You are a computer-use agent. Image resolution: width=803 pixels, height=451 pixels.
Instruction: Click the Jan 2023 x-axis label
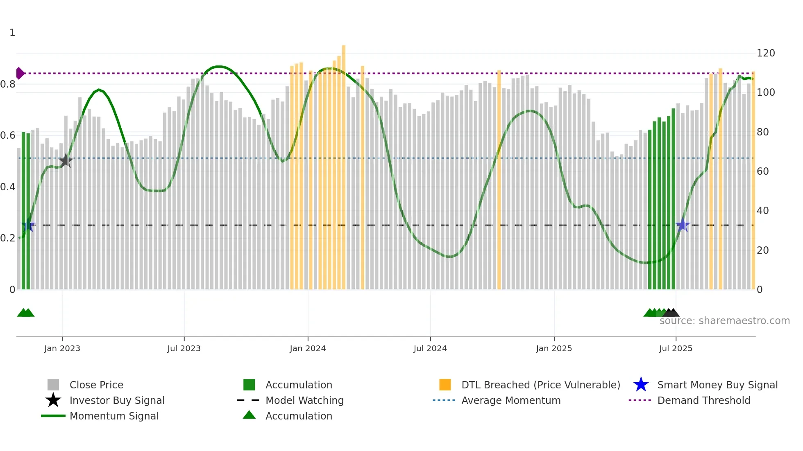[x=62, y=349]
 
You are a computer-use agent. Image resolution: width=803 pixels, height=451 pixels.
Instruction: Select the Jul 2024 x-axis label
[x=430, y=349]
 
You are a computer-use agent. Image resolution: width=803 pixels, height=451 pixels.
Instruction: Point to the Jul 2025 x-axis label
[x=676, y=349]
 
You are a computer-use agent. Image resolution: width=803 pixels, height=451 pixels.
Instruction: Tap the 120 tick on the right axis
[x=766, y=53]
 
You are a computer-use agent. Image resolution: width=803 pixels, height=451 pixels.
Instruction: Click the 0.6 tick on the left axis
[x=8, y=135]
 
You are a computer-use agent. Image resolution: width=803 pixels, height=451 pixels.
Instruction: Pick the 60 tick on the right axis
[x=763, y=171]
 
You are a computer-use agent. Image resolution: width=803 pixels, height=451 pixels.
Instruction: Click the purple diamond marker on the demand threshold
[x=20, y=73]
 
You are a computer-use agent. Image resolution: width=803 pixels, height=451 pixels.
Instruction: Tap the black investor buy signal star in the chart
[x=66, y=161]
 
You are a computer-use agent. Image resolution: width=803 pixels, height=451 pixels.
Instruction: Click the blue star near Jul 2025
[x=683, y=225]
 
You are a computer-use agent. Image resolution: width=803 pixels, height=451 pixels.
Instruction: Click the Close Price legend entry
[x=96, y=385]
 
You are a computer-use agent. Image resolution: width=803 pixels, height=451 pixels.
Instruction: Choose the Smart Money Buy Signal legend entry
[x=717, y=385]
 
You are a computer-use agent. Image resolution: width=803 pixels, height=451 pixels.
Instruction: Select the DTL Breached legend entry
[x=540, y=385]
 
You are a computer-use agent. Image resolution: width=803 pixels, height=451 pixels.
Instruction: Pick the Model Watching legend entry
[x=304, y=401]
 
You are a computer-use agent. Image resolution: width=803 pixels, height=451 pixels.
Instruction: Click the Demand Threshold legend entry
[x=703, y=401]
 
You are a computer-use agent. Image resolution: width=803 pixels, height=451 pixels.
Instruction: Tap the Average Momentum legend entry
[x=511, y=401]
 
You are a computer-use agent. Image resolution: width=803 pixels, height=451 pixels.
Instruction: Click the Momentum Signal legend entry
[x=114, y=416]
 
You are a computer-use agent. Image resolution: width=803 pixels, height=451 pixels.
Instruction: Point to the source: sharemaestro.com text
[x=725, y=321]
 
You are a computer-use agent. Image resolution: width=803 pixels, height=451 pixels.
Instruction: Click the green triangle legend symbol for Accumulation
[x=249, y=415]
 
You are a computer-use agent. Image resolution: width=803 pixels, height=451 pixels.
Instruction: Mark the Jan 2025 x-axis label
[x=554, y=349]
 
